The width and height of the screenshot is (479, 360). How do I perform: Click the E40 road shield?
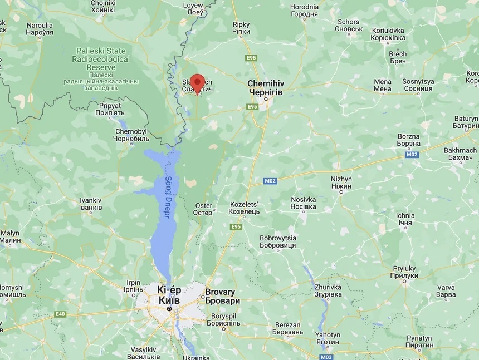point(60,314)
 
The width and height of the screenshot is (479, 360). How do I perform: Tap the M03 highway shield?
point(327,357)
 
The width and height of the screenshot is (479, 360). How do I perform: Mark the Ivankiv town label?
point(91,204)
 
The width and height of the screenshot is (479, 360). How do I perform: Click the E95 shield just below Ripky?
point(250,57)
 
